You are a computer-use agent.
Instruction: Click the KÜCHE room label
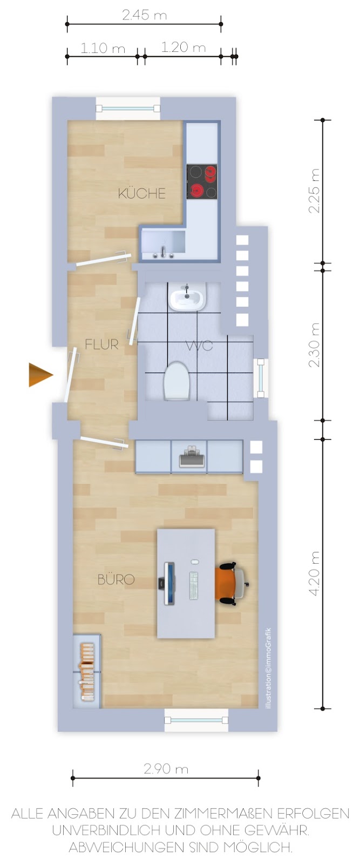pos(141,193)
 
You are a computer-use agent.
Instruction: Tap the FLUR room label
pos(101,344)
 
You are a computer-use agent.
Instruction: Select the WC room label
pos(200,345)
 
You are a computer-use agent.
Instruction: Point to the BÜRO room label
pos(116,579)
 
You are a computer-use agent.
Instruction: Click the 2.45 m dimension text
pos(144,15)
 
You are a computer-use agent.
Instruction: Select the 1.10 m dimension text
pos(103,48)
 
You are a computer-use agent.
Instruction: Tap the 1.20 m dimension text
pos(183,48)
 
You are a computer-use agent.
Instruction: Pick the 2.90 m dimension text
pos(166,769)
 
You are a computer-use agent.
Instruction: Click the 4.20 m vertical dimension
pos(315,573)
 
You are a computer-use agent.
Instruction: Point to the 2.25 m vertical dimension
pos(315,191)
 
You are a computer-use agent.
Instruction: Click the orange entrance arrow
pos(40,375)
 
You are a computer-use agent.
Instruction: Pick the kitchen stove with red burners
pos(201,181)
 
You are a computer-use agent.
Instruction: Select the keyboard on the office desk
pos(193,585)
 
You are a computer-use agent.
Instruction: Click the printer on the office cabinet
pos(192,457)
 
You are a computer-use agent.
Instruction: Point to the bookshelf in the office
pos(87,671)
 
